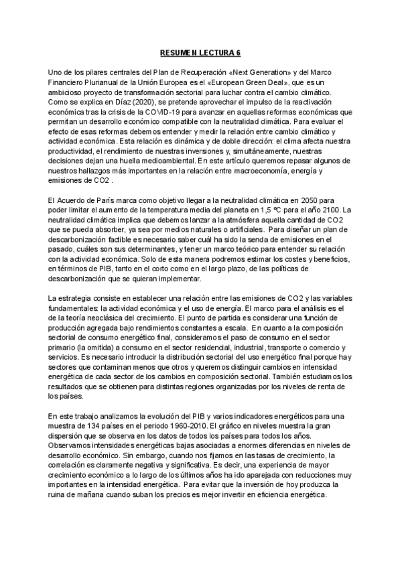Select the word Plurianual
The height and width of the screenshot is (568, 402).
101,82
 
